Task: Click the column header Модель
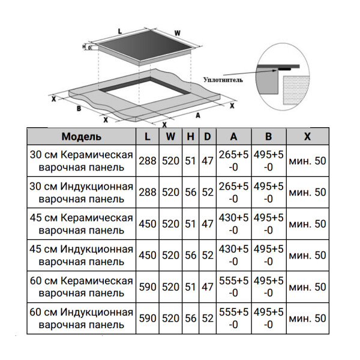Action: (82, 137)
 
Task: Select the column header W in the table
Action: (170, 137)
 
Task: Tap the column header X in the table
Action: (307, 137)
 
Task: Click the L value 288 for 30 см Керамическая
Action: (148, 161)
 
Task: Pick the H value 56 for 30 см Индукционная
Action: (191, 193)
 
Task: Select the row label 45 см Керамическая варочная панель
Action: (82, 224)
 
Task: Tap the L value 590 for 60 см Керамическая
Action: (148, 287)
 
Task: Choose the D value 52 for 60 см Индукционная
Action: (207, 318)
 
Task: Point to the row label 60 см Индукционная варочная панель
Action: (82, 318)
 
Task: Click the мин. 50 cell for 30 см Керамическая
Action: (307, 161)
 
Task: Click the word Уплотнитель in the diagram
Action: (223, 79)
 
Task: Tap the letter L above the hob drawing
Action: (120, 30)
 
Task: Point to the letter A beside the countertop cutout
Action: (197, 113)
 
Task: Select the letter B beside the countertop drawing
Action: (78, 109)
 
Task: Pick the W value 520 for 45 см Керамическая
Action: (170, 224)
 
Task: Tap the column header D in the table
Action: (207, 137)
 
